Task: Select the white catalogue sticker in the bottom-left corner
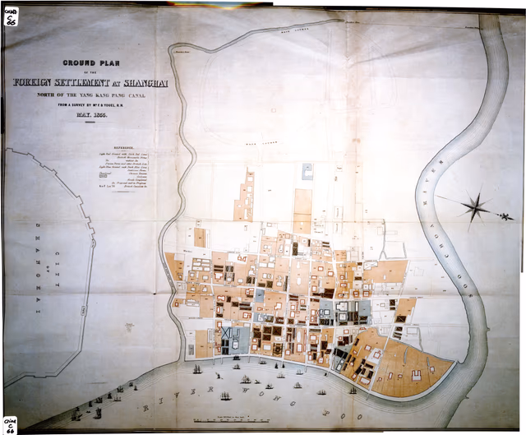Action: point(10,424)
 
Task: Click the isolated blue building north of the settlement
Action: point(307,171)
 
